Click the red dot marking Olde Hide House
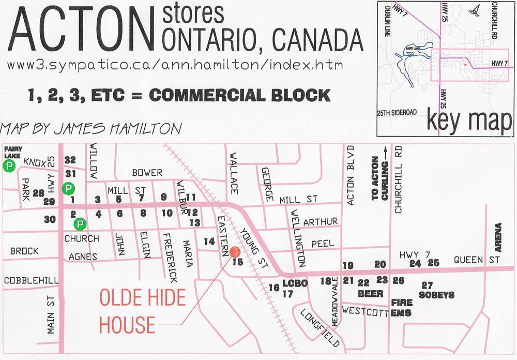click(x=235, y=251)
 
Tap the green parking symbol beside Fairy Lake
click(x=9, y=166)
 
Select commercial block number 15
click(x=238, y=262)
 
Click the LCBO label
click(x=295, y=283)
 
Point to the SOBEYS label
click(x=436, y=295)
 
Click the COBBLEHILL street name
click(x=31, y=280)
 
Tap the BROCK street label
click(x=24, y=251)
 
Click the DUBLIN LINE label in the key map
click(x=387, y=21)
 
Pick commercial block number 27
click(x=427, y=285)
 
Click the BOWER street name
click(x=147, y=172)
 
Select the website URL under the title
click(x=175, y=66)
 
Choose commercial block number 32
click(x=70, y=160)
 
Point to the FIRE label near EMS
click(x=401, y=303)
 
